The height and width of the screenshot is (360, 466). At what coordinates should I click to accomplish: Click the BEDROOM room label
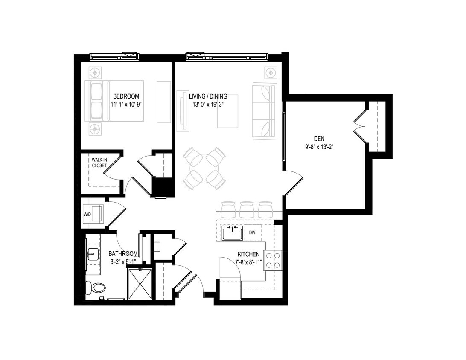click(x=126, y=96)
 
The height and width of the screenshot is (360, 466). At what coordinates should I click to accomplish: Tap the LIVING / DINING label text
click(x=208, y=96)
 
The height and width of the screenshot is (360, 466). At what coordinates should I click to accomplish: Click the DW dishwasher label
click(x=252, y=233)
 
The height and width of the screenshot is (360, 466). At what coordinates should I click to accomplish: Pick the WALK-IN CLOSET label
click(x=99, y=163)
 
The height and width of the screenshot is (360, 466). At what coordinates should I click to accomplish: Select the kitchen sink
click(x=233, y=233)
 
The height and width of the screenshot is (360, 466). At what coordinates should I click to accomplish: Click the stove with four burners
click(x=273, y=260)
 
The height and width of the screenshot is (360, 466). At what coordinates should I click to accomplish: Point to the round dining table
click(x=204, y=168)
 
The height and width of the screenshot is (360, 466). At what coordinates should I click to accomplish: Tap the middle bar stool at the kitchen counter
click(x=247, y=209)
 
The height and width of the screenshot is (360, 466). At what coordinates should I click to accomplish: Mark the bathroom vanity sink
click(x=93, y=255)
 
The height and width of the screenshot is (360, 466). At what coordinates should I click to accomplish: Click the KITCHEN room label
click(x=248, y=254)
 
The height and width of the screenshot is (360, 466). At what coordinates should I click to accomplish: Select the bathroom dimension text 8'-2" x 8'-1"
click(x=123, y=261)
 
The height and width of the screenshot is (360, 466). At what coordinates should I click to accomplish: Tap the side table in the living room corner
click(x=271, y=73)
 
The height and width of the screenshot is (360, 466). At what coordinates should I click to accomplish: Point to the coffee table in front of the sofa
click(x=227, y=111)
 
